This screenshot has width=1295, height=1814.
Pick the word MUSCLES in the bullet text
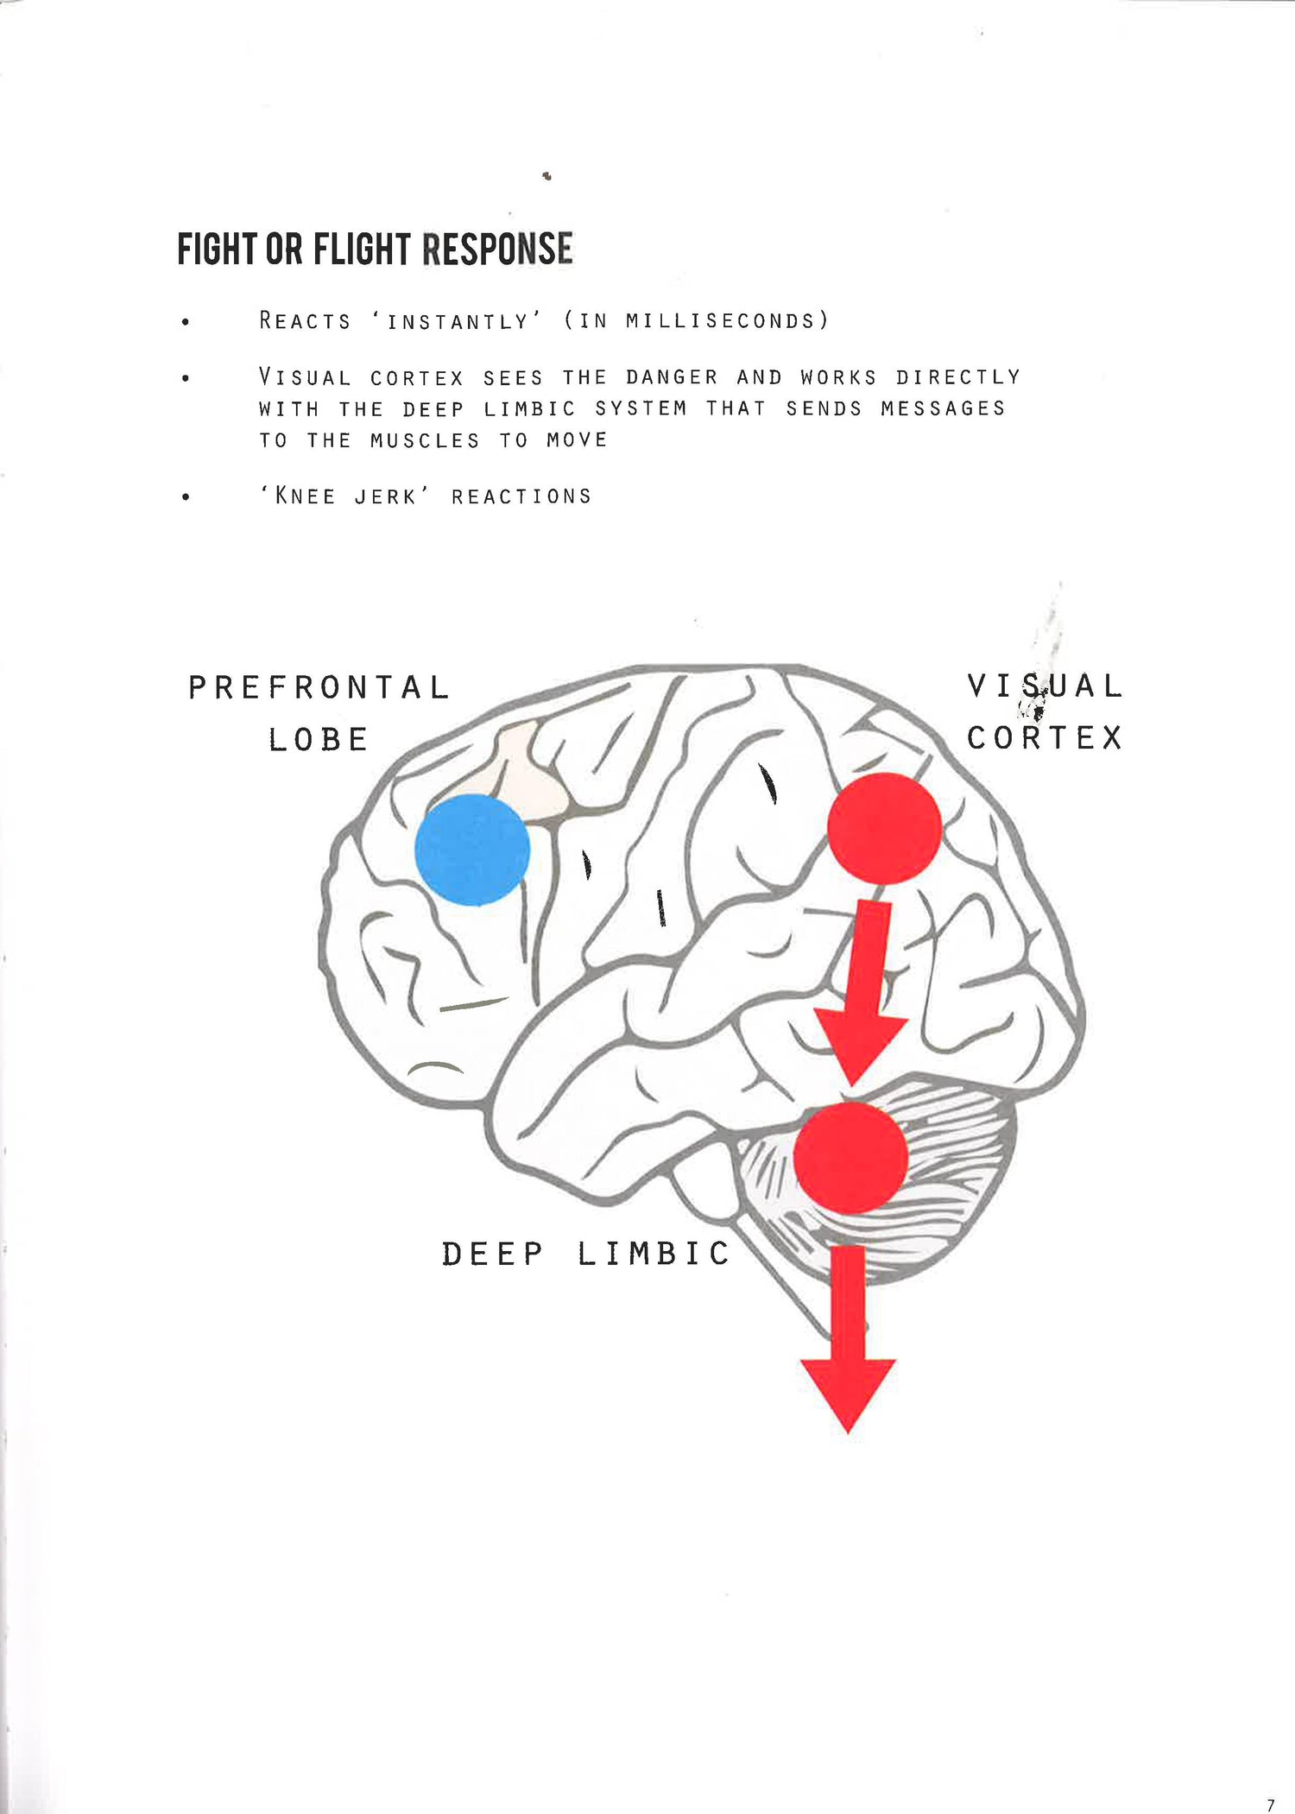coord(424,440)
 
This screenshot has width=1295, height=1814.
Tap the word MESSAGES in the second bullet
coord(943,408)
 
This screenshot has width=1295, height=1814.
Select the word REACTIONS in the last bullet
coord(521,496)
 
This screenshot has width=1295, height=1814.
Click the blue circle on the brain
coord(472,850)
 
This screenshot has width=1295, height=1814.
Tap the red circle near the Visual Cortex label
coord(884,828)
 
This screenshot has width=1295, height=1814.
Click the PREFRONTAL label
coord(319,688)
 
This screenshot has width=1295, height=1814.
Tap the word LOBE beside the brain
coord(319,740)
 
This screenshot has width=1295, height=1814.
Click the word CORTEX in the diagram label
coord(1045,738)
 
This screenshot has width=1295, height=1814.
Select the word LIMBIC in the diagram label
coord(654,1254)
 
